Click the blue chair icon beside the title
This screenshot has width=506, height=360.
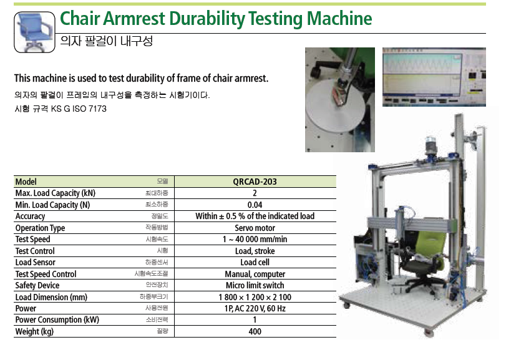point(34,32)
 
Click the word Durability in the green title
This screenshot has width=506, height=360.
point(207,19)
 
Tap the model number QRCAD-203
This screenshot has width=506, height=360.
point(255,182)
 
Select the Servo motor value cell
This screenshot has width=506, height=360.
point(255,228)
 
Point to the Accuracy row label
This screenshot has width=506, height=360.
point(31,216)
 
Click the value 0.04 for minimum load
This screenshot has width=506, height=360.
point(255,205)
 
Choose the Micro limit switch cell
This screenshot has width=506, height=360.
point(255,286)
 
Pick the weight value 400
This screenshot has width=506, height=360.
point(255,332)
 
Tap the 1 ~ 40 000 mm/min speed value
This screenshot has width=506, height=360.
point(255,240)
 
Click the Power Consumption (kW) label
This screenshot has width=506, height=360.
point(57,320)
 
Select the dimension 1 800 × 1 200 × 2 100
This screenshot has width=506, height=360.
point(255,297)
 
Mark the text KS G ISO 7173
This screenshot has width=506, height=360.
point(79,109)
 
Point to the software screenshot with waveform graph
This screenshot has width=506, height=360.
point(434,77)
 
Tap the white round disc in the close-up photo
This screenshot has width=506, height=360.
point(336,106)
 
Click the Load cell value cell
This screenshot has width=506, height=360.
point(255,263)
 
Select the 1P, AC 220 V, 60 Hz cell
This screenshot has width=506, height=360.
point(255,309)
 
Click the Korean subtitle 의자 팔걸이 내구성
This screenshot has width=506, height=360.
point(107,41)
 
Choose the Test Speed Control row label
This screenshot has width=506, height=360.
point(46,274)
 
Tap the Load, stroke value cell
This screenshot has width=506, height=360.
point(255,251)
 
